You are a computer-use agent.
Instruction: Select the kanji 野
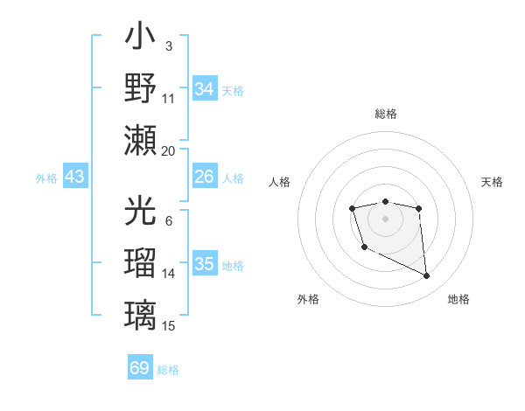click(x=140, y=87)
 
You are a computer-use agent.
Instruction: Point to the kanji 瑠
click(x=140, y=262)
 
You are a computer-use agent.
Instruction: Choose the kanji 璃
click(x=140, y=313)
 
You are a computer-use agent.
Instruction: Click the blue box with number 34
click(x=204, y=88)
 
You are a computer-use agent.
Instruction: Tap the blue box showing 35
click(x=204, y=264)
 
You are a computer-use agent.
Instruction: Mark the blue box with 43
click(x=75, y=178)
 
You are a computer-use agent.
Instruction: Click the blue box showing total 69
click(x=139, y=368)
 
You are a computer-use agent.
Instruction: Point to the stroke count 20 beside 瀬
click(x=169, y=150)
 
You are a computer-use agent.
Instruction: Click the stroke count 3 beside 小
click(x=168, y=45)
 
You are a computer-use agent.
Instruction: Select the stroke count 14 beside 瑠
click(x=169, y=274)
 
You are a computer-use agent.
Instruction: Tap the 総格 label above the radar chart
click(x=385, y=114)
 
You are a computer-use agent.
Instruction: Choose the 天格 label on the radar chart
click(x=492, y=182)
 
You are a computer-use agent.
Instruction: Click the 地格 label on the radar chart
click(x=458, y=299)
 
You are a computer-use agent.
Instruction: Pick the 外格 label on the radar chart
click(x=308, y=299)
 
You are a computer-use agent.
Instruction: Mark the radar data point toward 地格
click(x=427, y=276)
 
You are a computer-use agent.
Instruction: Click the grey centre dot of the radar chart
click(x=385, y=218)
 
